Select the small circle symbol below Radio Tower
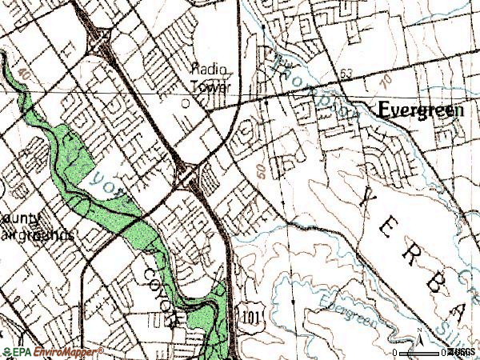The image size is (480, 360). tap(186, 103)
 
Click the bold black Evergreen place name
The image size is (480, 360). tap(421, 111)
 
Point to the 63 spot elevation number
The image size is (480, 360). tap(345, 74)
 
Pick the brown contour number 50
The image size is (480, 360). tap(261, 171)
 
